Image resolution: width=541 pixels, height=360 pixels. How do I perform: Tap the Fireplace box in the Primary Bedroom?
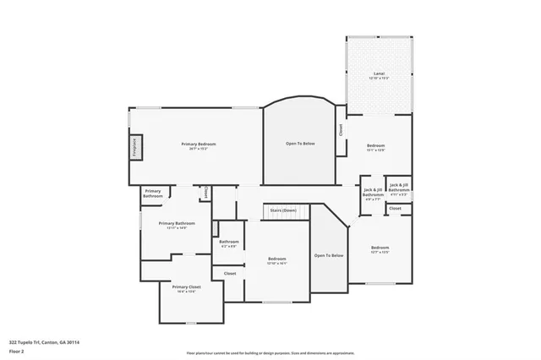(x=134, y=147)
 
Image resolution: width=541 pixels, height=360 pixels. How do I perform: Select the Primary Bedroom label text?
(x=199, y=145)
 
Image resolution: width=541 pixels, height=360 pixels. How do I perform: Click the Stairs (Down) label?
(x=282, y=210)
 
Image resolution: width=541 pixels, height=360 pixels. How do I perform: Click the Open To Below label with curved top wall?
(x=299, y=144)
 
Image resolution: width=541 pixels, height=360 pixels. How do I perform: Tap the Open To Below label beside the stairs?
(x=329, y=255)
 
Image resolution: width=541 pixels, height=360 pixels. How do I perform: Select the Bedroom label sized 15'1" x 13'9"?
(x=376, y=147)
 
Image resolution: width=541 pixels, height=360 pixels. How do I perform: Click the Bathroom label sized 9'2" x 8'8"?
(x=229, y=243)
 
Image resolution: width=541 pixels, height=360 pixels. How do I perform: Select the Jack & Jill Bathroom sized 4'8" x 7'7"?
(x=373, y=192)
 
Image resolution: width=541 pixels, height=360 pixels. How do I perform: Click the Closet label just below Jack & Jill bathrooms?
(x=395, y=208)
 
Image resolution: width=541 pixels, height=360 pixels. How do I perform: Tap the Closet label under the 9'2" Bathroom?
(x=230, y=273)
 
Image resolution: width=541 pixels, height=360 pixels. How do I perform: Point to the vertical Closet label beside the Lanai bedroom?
(x=341, y=131)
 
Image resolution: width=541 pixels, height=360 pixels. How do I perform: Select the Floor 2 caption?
(x=16, y=351)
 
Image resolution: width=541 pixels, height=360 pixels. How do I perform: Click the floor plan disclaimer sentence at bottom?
(x=270, y=352)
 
